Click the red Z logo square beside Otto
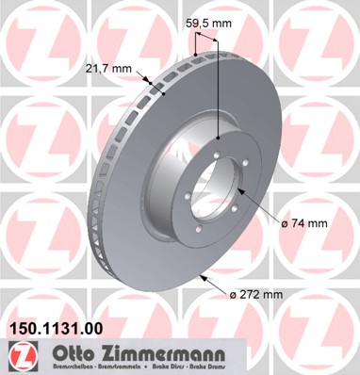(x=19, y=356)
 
